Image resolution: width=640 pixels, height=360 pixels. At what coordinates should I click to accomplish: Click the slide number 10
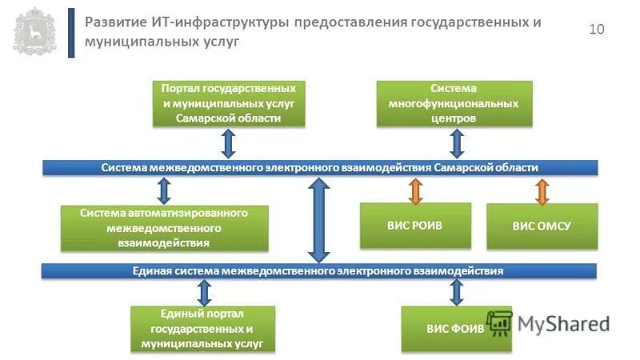pos(597,30)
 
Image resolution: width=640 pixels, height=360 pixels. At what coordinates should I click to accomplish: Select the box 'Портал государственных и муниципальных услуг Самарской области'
pos(228,104)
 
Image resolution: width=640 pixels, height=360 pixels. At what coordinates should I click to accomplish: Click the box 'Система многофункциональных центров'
pos(454,104)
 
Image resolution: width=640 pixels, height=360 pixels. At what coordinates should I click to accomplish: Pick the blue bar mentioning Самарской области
pos(319,167)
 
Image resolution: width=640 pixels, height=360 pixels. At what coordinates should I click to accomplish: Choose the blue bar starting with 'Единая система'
pos(319,271)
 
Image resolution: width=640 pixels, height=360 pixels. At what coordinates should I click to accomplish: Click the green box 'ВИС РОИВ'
pos(414,226)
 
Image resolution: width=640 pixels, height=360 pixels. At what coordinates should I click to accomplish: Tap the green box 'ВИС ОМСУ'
pos(542,226)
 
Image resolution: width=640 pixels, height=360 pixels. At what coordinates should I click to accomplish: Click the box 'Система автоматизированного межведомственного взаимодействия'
pos(164,227)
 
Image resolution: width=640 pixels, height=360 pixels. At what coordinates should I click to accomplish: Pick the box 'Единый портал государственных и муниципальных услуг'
pos(202,329)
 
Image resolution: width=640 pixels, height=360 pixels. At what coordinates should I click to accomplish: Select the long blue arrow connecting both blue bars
pos(319,220)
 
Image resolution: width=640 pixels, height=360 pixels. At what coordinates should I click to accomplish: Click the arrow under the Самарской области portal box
pos(228,143)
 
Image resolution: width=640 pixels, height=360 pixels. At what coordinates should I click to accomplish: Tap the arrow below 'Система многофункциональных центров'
pos(457,143)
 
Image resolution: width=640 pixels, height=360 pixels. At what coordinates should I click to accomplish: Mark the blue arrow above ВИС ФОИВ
pos(456,292)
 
